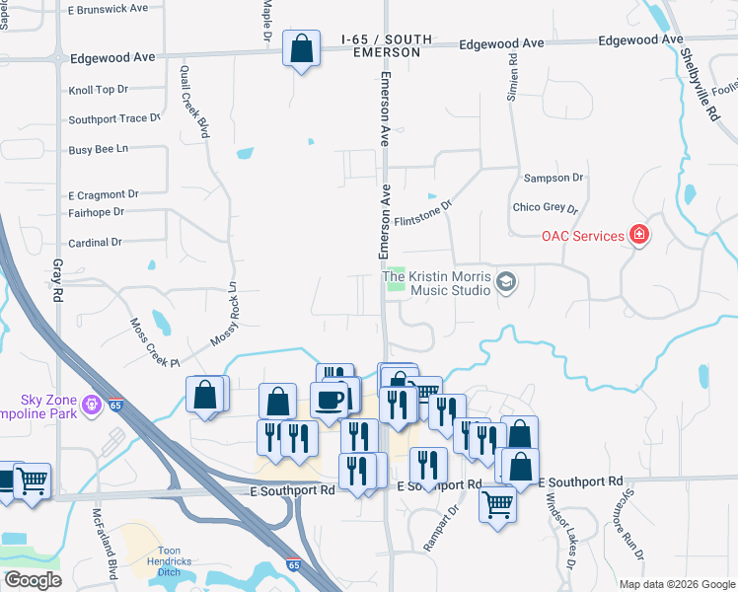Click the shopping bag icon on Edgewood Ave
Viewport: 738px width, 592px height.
(301, 48)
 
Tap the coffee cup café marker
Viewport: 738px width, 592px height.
(328, 400)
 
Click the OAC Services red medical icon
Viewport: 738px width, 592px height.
(639, 235)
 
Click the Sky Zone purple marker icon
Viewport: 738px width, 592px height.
(92, 404)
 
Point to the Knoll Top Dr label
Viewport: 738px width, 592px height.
(99, 90)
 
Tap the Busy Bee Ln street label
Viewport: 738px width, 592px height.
(99, 149)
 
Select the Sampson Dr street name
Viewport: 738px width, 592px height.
(553, 178)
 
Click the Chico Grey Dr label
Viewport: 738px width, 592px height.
(545, 208)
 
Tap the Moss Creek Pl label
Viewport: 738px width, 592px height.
(154, 342)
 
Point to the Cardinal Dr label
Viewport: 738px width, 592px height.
(95, 242)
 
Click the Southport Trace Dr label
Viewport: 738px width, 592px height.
(113, 119)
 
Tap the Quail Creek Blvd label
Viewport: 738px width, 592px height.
(195, 100)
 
